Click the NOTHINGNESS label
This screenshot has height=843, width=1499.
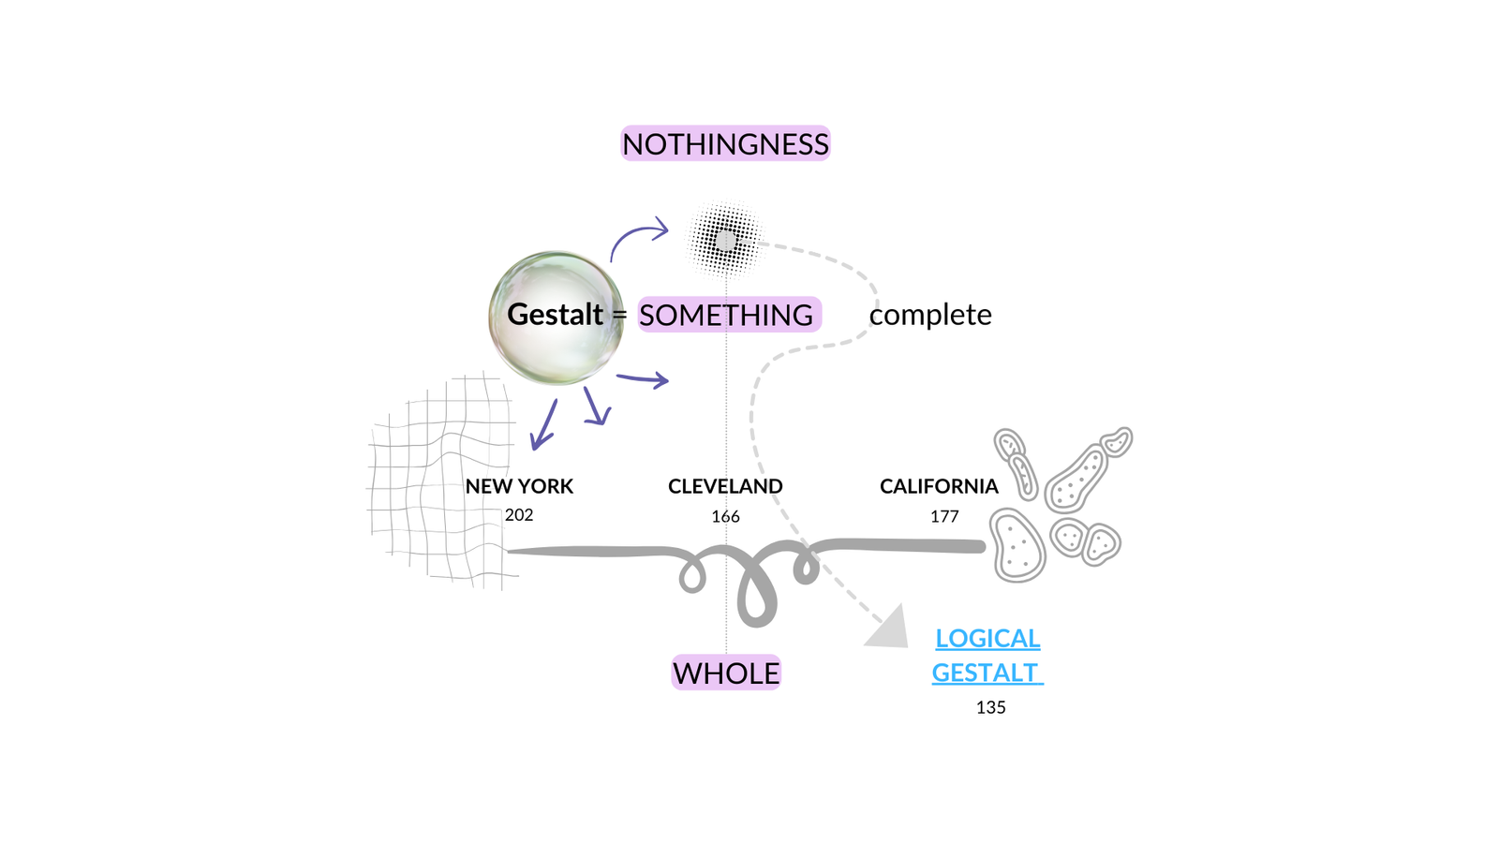click(x=725, y=144)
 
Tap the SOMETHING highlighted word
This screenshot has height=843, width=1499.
click(x=728, y=315)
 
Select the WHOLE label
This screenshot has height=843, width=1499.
click(x=726, y=673)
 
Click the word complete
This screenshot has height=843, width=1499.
click(x=930, y=315)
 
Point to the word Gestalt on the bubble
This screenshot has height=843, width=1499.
click(x=555, y=315)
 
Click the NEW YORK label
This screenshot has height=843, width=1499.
click(x=519, y=486)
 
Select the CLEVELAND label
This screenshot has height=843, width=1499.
click(x=725, y=486)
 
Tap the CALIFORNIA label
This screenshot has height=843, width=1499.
click(x=939, y=486)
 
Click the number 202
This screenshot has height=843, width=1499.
click(x=519, y=514)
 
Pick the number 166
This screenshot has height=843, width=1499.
click(x=725, y=516)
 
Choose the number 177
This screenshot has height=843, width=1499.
click(x=944, y=516)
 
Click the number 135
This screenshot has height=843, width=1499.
click(x=990, y=707)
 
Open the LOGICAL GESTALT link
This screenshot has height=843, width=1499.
click(x=987, y=656)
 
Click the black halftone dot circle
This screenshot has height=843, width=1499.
click(x=725, y=241)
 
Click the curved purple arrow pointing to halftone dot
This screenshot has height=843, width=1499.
click(x=639, y=236)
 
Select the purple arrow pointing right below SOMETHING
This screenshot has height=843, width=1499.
click(x=643, y=378)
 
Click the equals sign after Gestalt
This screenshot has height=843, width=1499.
click(x=619, y=316)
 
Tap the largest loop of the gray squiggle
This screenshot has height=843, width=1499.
click(x=757, y=590)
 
